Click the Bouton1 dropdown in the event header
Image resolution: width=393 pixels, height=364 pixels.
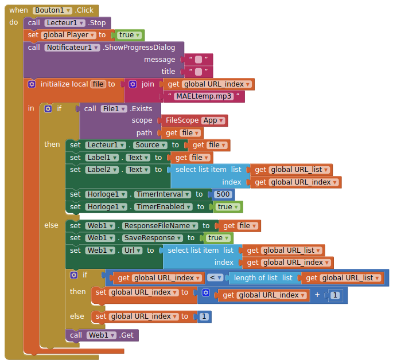pyautogui.click(x=53, y=10)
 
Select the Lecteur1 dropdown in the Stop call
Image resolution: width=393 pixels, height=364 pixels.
pyautogui.click(x=65, y=23)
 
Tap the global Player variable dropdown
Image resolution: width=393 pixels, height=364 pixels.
pyautogui.click(x=68, y=35)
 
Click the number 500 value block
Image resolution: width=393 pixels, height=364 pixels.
pyautogui.click(x=223, y=194)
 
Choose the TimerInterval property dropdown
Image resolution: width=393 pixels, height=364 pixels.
pyautogui.click(x=161, y=194)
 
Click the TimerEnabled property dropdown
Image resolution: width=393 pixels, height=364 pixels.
pyautogui.click(x=162, y=207)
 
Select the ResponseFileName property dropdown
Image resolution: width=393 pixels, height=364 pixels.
pyautogui.click(x=161, y=226)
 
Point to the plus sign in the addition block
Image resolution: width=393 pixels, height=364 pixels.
pyautogui.click(x=317, y=295)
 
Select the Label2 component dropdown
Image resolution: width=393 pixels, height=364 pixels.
pyautogui.click(x=103, y=170)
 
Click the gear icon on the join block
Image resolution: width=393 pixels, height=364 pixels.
pyautogui.click(x=133, y=84)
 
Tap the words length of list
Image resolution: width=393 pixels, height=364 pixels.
pyautogui.click(x=255, y=278)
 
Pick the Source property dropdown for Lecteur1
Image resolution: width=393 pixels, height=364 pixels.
pyautogui.click(x=150, y=145)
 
